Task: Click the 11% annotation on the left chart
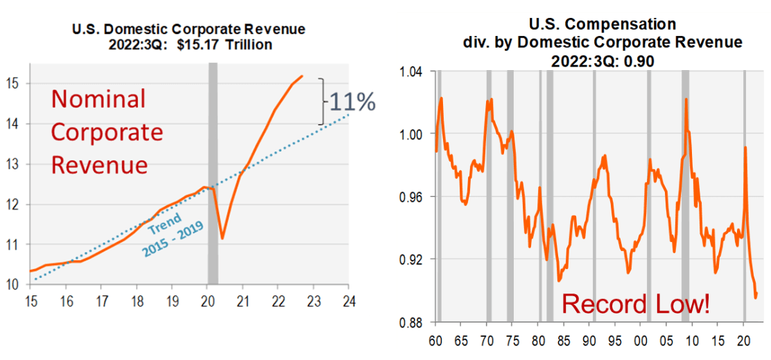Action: [x=352, y=102]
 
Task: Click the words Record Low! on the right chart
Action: [x=635, y=304]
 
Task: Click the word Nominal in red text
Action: [x=98, y=99]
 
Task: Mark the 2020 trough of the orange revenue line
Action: [x=223, y=238]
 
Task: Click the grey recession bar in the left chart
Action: [x=213, y=173]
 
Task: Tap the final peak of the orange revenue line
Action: [x=302, y=76]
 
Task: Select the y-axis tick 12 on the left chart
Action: [x=15, y=205]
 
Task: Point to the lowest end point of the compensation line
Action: [x=755, y=298]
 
